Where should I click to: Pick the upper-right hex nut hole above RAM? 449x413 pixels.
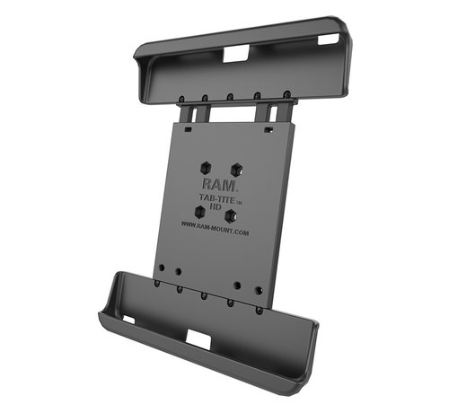pyautogui.click(x=235, y=168)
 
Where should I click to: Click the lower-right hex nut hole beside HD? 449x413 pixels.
pyautogui.click(x=231, y=215)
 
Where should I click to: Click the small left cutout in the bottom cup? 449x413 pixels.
pyautogui.click(x=128, y=320)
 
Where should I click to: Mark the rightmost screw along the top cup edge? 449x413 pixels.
pyautogui.click(x=286, y=94)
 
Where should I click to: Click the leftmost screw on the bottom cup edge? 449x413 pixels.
pyautogui.click(x=157, y=286)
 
